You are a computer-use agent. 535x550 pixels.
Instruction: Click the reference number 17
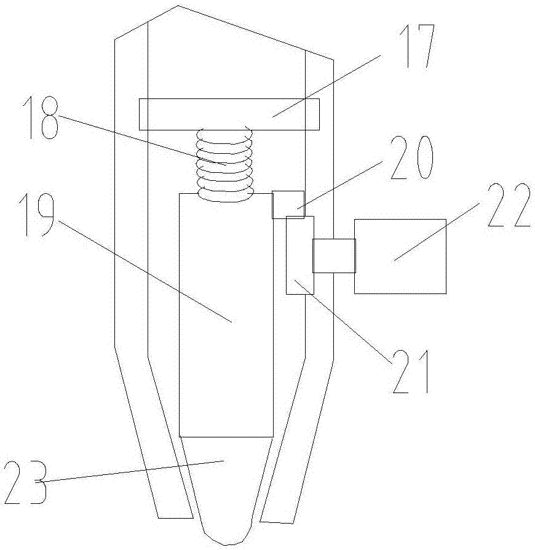coord(418,46)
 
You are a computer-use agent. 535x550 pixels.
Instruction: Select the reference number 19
coord(37,215)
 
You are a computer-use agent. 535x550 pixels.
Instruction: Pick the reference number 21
coord(411,372)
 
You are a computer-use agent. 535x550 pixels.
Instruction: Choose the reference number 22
coord(509,205)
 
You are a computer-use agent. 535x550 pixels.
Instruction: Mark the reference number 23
coord(25,483)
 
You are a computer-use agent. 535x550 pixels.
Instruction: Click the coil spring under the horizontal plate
coord(225,164)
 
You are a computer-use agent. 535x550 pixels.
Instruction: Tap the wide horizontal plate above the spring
coord(229,114)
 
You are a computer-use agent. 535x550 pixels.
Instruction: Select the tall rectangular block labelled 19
coord(226,315)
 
